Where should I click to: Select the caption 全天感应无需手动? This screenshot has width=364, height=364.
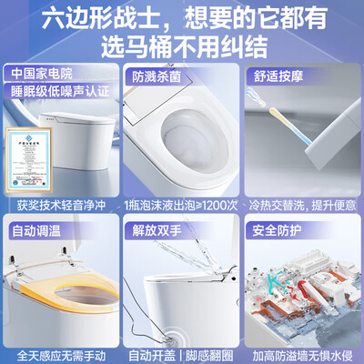62,352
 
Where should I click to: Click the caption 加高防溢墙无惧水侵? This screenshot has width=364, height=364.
302,352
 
